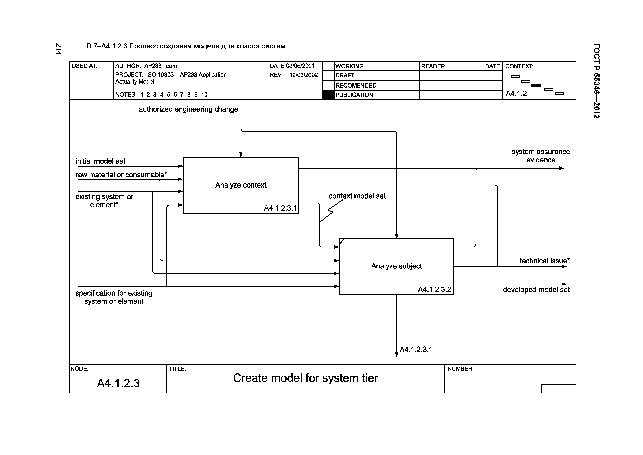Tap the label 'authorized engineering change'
188,109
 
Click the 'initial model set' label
100,161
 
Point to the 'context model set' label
357,196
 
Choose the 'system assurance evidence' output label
541,156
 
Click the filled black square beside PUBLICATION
328,95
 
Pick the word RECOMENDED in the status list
356,85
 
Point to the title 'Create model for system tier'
305,378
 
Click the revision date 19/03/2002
304,75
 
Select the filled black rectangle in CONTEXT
536,85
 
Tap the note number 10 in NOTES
204,94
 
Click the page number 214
58,49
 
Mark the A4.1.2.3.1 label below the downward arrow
416,349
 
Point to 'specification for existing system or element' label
114,297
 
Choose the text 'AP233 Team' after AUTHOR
161,66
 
